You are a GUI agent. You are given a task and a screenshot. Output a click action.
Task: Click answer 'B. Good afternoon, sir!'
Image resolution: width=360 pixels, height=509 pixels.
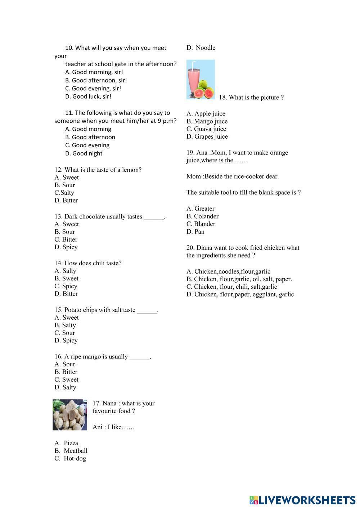(96, 80)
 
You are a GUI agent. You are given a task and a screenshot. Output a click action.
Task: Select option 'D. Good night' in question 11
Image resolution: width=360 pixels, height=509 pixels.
(84, 153)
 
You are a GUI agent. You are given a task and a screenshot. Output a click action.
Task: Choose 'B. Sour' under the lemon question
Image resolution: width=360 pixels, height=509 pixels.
(65, 185)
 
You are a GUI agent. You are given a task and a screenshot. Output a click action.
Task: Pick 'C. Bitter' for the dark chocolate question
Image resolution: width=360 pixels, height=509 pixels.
(66, 239)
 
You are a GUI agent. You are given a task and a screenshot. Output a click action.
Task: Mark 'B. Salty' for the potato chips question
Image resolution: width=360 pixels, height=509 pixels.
(65, 325)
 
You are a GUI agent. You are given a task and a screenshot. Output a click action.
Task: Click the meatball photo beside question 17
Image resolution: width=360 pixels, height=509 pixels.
(70, 415)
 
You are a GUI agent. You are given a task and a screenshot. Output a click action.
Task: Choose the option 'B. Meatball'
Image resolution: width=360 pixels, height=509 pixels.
(71, 451)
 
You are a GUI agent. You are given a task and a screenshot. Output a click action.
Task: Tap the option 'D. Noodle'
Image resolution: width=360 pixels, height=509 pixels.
(201, 48)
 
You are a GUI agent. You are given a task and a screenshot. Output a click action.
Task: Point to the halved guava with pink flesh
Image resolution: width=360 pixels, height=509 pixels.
(208, 93)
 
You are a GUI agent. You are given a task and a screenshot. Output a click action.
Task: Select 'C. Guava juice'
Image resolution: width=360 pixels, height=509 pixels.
(206, 129)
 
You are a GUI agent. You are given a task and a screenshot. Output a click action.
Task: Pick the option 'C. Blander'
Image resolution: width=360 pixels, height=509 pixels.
(201, 224)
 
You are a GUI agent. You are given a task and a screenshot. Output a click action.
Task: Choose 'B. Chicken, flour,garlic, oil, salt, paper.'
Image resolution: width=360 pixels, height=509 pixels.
(239, 279)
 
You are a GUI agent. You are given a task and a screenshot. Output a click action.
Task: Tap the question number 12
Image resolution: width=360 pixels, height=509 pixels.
(58, 170)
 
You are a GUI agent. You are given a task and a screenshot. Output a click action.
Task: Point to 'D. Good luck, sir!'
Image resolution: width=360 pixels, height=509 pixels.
(88, 96)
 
